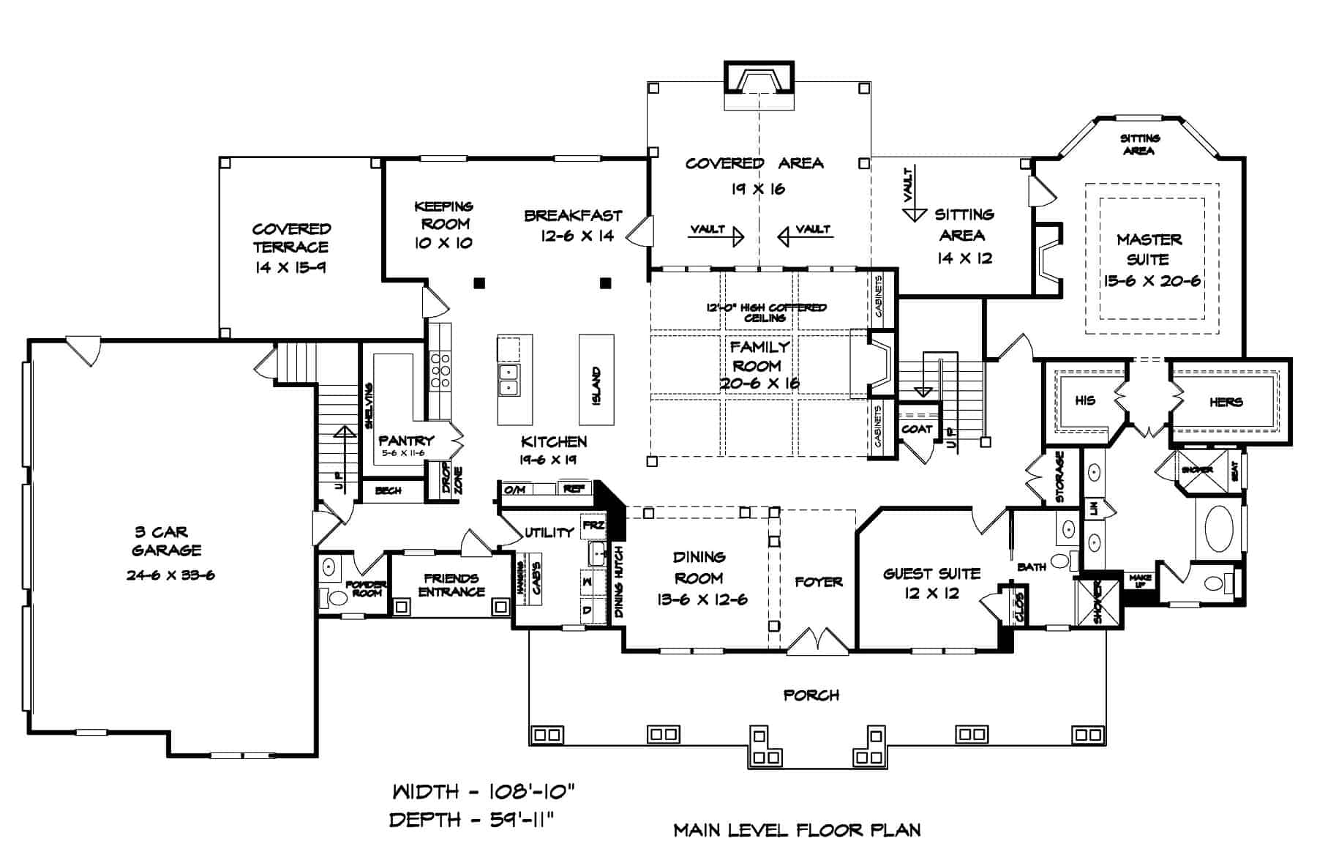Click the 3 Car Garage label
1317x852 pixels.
(166, 541)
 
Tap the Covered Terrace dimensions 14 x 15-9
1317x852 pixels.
(290, 268)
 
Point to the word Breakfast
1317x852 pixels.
(573, 216)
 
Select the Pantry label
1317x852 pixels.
(406, 441)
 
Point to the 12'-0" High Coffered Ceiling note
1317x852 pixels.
(765, 313)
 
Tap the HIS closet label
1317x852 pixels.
(1085, 400)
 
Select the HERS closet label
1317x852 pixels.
(1226, 402)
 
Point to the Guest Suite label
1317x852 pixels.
(931, 574)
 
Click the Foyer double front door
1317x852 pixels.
(817, 641)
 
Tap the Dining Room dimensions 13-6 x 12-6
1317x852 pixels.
(702, 600)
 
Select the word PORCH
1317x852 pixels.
(811, 695)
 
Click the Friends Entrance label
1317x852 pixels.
(451, 585)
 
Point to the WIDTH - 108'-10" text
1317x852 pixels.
(484, 791)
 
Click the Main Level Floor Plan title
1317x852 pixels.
(797, 830)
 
